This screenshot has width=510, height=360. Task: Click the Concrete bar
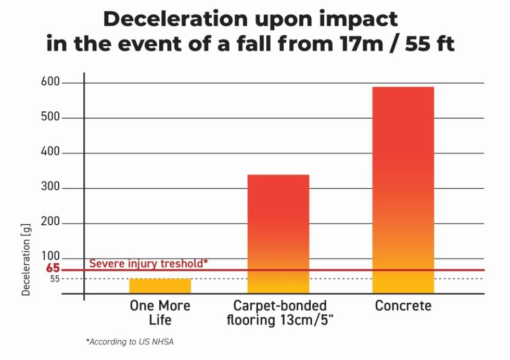[403, 190]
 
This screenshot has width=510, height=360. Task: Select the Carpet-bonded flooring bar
[278, 234]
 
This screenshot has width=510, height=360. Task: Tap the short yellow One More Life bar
[160, 286]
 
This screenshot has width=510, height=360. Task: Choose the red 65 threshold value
[53, 269]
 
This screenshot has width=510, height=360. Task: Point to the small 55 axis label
[55, 279]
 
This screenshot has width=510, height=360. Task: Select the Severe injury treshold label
[148, 263]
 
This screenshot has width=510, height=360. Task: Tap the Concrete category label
[403, 305]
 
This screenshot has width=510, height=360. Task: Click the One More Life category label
[160, 312]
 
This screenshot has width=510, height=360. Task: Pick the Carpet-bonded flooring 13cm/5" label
[279, 312]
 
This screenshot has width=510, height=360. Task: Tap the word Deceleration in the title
[174, 19]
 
